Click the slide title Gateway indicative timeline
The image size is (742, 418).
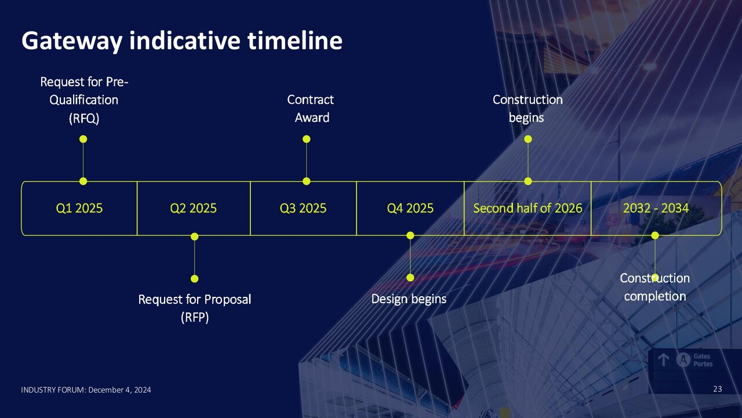tap(181, 41)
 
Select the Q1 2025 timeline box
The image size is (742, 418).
tap(79, 208)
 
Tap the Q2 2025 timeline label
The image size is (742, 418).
tap(193, 208)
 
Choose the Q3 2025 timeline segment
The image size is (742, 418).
tap(303, 208)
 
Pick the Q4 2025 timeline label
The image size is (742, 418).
tap(410, 208)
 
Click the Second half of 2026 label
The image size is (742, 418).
tap(528, 208)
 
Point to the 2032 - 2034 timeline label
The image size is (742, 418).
tap(656, 208)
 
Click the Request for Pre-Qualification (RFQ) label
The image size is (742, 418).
tap(84, 100)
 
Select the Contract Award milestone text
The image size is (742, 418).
tap(311, 108)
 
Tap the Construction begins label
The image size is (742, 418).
tap(527, 108)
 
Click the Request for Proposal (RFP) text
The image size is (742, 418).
tap(194, 308)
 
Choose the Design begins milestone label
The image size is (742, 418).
tap(409, 299)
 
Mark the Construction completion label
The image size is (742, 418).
tap(654, 287)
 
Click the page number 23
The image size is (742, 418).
tap(717, 389)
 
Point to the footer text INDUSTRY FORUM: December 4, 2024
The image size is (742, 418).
tap(86, 390)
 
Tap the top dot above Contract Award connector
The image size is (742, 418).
tap(307, 139)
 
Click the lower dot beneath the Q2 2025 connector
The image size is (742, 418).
tap(195, 278)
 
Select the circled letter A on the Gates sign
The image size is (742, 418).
tap(684, 360)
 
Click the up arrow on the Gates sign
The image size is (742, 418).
tap(664, 360)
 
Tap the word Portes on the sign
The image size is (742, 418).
tap(703, 364)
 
